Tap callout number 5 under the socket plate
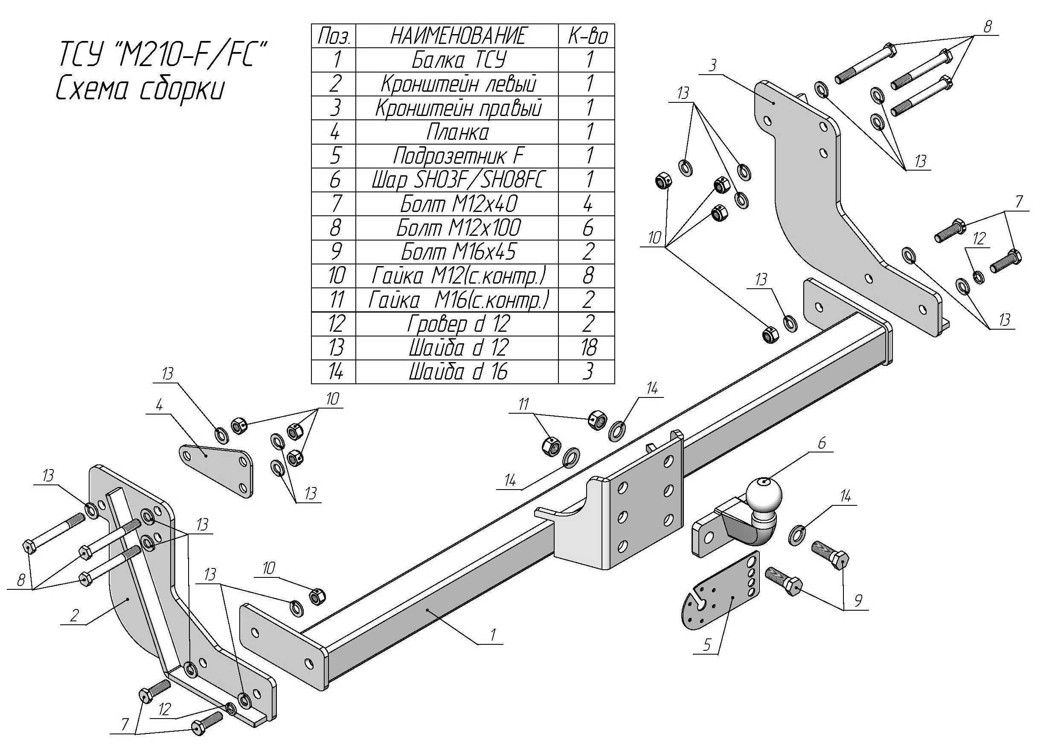[706, 645]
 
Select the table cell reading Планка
[456, 132]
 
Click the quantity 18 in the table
[587, 348]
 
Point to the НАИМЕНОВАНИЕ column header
[456, 36]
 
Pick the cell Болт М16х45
[456, 252]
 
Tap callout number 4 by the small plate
[159, 405]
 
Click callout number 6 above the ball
[822, 443]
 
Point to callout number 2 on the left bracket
[74, 615]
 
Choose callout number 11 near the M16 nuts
[523, 404]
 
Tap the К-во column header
[587, 36]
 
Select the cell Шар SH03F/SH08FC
[456, 180]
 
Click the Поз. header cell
[334, 36]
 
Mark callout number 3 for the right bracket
[712, 65]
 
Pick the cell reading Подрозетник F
[456, 156]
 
